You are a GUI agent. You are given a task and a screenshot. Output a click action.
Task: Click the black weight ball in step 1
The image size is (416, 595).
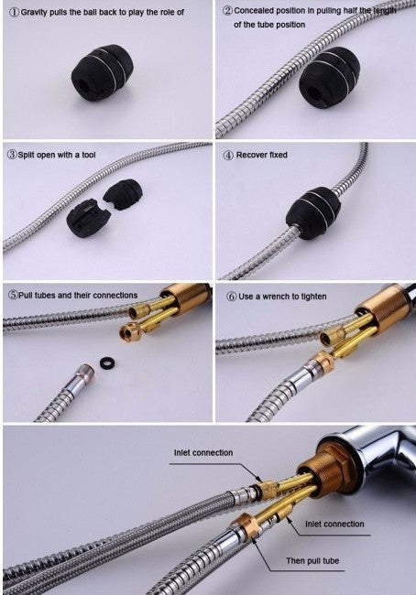[103, 72]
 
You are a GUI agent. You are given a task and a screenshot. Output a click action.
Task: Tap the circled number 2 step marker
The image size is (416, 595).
[227, 11]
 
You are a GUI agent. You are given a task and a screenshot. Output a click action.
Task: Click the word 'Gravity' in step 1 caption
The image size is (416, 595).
[34, 12]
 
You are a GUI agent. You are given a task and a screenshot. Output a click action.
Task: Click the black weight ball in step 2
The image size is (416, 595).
[329, 78]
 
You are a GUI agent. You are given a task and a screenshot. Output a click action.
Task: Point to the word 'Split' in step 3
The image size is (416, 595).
[27, 155]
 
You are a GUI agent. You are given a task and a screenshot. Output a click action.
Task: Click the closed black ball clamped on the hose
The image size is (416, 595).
[313, 213]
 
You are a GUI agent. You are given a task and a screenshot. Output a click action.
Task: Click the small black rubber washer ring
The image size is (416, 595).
[108, 362]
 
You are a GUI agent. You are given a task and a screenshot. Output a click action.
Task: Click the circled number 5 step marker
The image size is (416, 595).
[14, 296]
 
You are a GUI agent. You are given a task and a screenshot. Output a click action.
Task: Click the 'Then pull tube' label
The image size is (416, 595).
[312, 561]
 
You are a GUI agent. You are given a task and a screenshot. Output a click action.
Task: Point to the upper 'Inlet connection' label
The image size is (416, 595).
[203, 453]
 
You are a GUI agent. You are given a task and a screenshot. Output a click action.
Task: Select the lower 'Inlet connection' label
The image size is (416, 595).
[334, 524]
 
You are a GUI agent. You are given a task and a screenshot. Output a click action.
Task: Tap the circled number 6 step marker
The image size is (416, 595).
[231, 297]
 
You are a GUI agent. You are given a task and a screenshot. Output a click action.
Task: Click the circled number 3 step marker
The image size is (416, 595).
[13, 155]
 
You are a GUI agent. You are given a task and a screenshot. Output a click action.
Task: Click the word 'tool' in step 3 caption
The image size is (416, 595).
[89, 155]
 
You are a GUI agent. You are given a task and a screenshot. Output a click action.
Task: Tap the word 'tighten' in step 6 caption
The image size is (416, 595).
[313, 297]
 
